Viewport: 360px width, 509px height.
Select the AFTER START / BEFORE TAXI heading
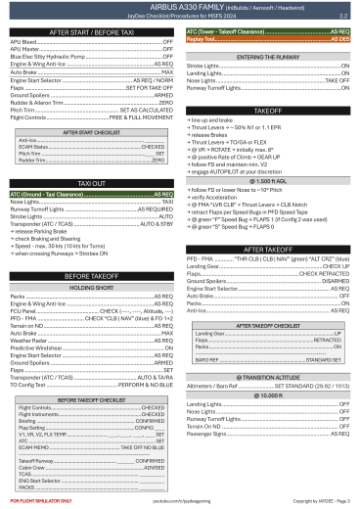(92, 32)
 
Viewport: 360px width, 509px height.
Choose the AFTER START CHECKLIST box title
(91, 130)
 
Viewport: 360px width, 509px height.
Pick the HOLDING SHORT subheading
(91, 288)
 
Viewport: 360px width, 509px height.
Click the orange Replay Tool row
(267, 38)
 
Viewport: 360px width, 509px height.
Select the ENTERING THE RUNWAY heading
(267, 58)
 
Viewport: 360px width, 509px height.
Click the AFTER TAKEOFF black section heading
(267, 249)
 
